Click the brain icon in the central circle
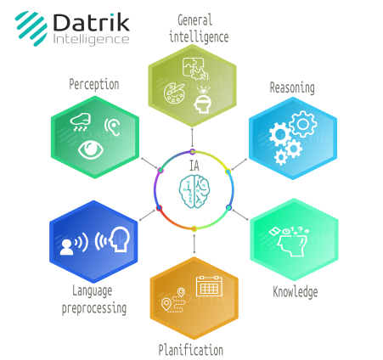click(x=194, y=191)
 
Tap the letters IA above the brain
click(x=194, y=166)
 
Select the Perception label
click(x=94, y=85)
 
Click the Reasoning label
click(x=292, y=87)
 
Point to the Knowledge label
click(x=296, y=292)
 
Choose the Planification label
click(x=191, y=350)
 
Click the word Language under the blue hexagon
click(x=93, y=291)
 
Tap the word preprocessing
click(x=94, y=308)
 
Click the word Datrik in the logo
click(x=91, y=22)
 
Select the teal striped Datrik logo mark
click(x=31, y=28)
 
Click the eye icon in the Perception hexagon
click(x=91, y=149)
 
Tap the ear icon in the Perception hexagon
click(x=112, y=127)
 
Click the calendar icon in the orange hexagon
click(x=209, y=286)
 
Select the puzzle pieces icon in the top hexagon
click(x=195, y=69)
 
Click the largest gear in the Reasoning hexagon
click(x=303, y=124)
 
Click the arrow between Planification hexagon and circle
click(x=194, y=244)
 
